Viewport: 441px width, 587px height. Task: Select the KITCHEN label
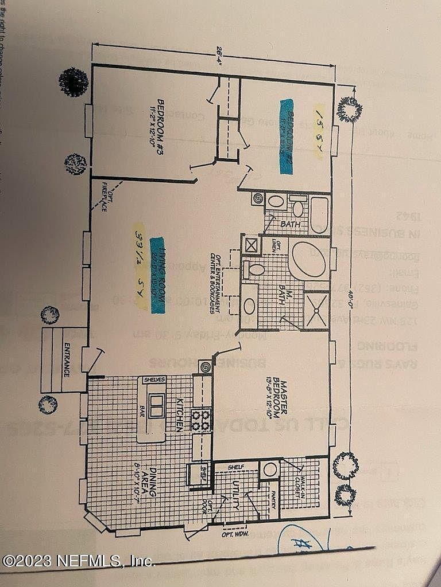[180, 415]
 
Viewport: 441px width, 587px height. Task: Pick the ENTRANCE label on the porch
[67, 359]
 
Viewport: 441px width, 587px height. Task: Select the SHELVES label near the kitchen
[154, 379]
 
